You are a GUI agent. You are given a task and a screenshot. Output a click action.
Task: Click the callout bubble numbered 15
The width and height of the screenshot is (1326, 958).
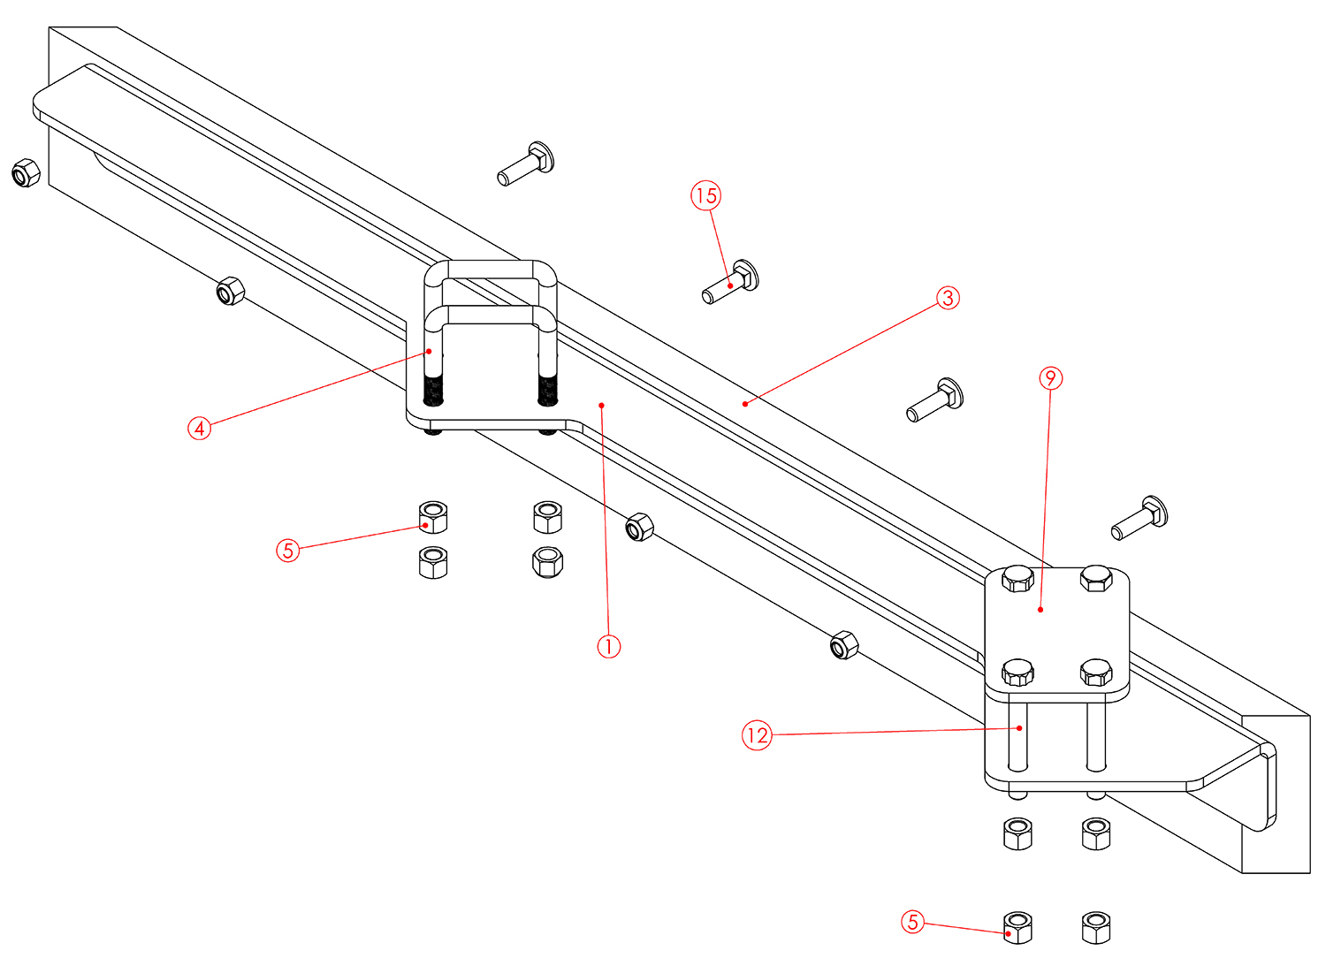[x=705, y=195]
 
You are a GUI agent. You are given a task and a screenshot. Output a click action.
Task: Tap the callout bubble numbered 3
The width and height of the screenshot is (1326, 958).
[x=948, y=298]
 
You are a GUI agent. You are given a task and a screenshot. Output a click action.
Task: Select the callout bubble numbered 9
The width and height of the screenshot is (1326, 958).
[x=1049, y=378]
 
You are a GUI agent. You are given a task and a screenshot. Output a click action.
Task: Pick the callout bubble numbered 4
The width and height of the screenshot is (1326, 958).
[x=200, y=429]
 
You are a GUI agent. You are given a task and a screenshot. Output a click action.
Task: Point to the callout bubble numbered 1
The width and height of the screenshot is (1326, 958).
[x=608, y=646]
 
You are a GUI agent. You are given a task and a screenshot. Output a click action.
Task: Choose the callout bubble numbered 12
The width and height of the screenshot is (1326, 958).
[x=757, y=735]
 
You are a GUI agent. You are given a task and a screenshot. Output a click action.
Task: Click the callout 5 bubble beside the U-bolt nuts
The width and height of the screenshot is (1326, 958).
[x=287, y=551]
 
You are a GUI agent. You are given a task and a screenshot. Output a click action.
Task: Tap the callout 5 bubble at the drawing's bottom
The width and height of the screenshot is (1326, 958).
[x=912, y=923]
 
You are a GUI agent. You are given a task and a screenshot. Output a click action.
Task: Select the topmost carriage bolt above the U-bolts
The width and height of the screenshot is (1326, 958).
[x=527, y=164]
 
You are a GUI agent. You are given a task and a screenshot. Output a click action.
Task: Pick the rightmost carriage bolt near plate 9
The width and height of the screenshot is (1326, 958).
[x=1140, y=519]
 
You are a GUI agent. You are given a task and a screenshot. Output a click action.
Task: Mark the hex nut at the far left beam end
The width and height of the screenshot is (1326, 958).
[x=25, y=172]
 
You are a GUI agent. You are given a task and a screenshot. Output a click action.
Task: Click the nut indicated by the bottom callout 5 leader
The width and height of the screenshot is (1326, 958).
[x=1017, y=928]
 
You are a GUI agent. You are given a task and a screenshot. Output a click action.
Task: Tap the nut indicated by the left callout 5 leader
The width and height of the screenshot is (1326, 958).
[x=432, y=517]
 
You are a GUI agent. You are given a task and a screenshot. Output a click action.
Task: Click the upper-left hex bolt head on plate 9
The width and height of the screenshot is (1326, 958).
[x=1017, y=580]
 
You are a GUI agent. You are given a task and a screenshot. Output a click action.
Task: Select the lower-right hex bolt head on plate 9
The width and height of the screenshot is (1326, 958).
[x=1096, y=673]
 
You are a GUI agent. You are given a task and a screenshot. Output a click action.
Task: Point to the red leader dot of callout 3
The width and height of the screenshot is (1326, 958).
[x=745, y=404]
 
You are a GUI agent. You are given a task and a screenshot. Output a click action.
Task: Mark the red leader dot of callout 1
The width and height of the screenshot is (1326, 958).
[x=601, y=406]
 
